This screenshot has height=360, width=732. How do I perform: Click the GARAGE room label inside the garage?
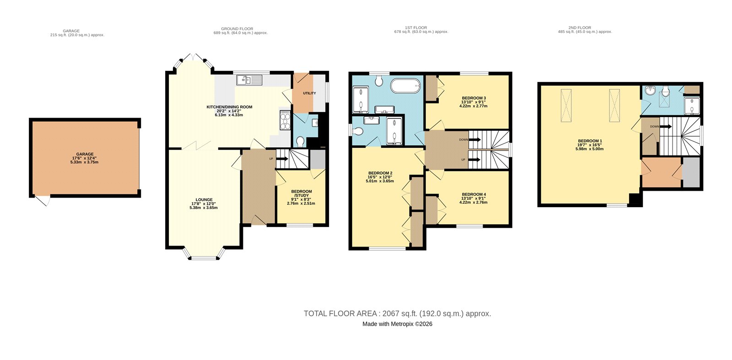(85, 154)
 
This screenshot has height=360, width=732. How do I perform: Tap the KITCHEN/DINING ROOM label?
(229, 107)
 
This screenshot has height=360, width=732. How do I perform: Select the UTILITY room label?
(309, 93)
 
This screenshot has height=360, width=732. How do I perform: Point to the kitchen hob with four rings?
(285, 120)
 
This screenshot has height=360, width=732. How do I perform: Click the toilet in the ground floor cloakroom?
(301, 141)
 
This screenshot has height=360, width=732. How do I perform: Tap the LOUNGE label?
(204, 199)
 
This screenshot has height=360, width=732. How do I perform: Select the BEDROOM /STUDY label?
(301, 193)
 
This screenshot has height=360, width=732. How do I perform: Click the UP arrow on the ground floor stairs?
(282, 159)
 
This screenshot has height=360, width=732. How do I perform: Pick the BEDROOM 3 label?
(474, 98)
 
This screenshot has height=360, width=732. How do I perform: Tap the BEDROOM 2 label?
(380, 173)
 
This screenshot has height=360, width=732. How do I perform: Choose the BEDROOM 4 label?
(474, 194)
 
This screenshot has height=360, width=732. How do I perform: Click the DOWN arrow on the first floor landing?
(474, 140)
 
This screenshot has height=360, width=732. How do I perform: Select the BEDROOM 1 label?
(590, 141)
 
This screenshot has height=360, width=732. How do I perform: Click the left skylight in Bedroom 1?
(566, 106)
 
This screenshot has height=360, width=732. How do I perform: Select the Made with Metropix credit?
(398, 324)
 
